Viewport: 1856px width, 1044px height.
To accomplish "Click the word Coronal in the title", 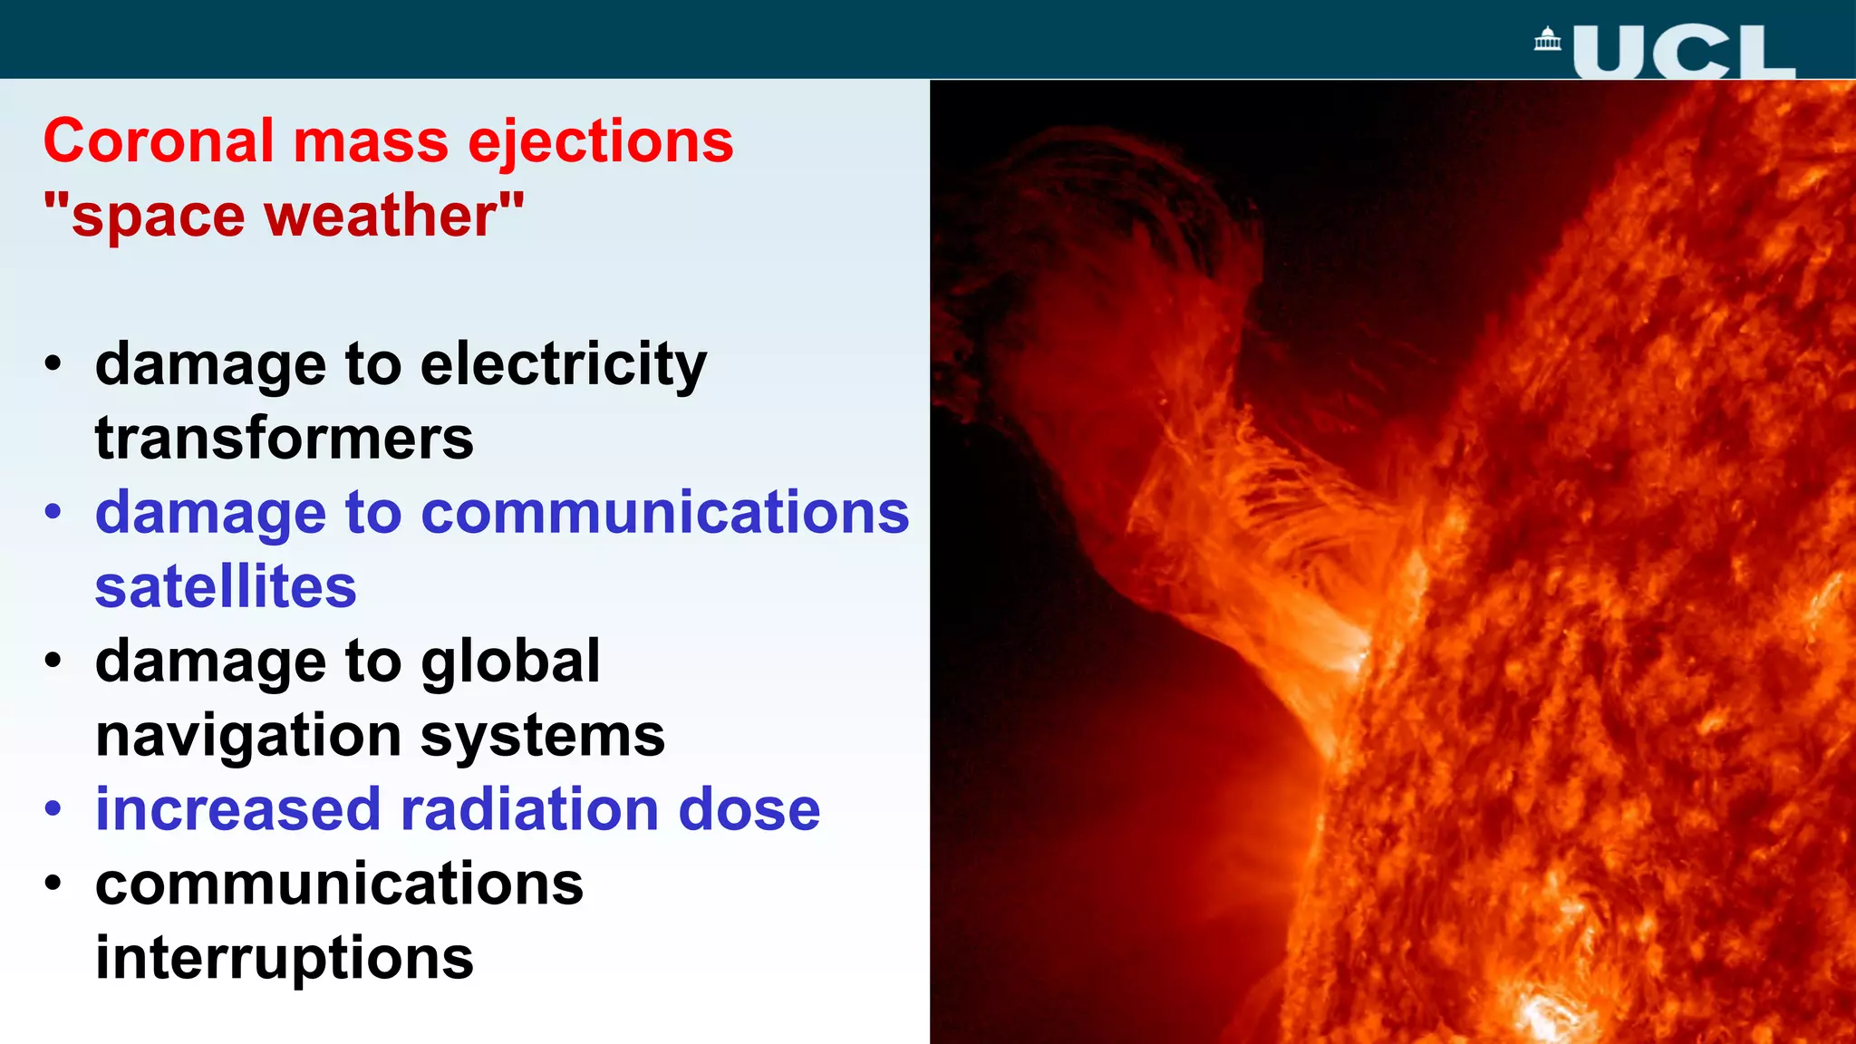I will [159, 142].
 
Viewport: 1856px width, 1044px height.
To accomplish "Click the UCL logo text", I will [1684, 53].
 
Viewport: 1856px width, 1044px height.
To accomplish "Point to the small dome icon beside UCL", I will [1548, 40].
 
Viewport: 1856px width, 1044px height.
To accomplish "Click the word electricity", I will [563, 364].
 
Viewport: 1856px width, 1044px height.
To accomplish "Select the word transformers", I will [285, 439].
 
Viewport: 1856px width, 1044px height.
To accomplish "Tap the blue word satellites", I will [226, 587].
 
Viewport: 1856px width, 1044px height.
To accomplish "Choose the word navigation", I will [248, 735].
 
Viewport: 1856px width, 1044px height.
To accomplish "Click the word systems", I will [542, 735].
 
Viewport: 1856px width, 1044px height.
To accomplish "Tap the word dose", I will [749, 809].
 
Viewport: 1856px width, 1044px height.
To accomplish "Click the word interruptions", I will [285, 958].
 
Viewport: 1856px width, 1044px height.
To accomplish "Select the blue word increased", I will [237, 809].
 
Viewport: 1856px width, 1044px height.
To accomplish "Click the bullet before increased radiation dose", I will [53, 808].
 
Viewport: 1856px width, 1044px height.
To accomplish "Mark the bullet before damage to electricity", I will [53, 363].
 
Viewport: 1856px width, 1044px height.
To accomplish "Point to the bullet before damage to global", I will [53, 661].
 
